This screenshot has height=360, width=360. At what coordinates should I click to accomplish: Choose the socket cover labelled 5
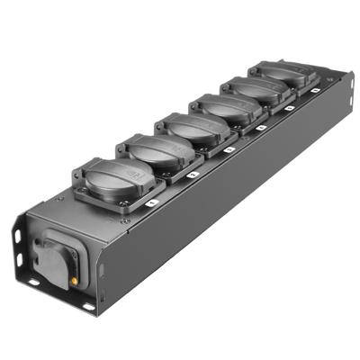(x=252, y=90)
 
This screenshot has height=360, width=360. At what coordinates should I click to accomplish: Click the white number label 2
(x=193, y=173)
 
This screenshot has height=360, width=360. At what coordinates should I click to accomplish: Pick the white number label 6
(x=315, y=90)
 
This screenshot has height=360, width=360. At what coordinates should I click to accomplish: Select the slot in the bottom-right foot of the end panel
(x=88, y=307)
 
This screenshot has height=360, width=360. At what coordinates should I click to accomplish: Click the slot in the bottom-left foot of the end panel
(x=31, y=282)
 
